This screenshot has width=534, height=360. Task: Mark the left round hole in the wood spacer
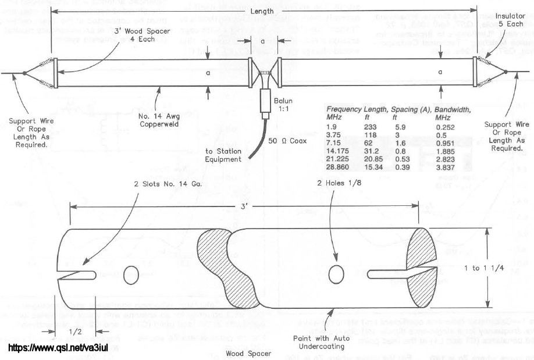point(130,272)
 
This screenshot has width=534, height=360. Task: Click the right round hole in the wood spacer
point(335,273)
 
